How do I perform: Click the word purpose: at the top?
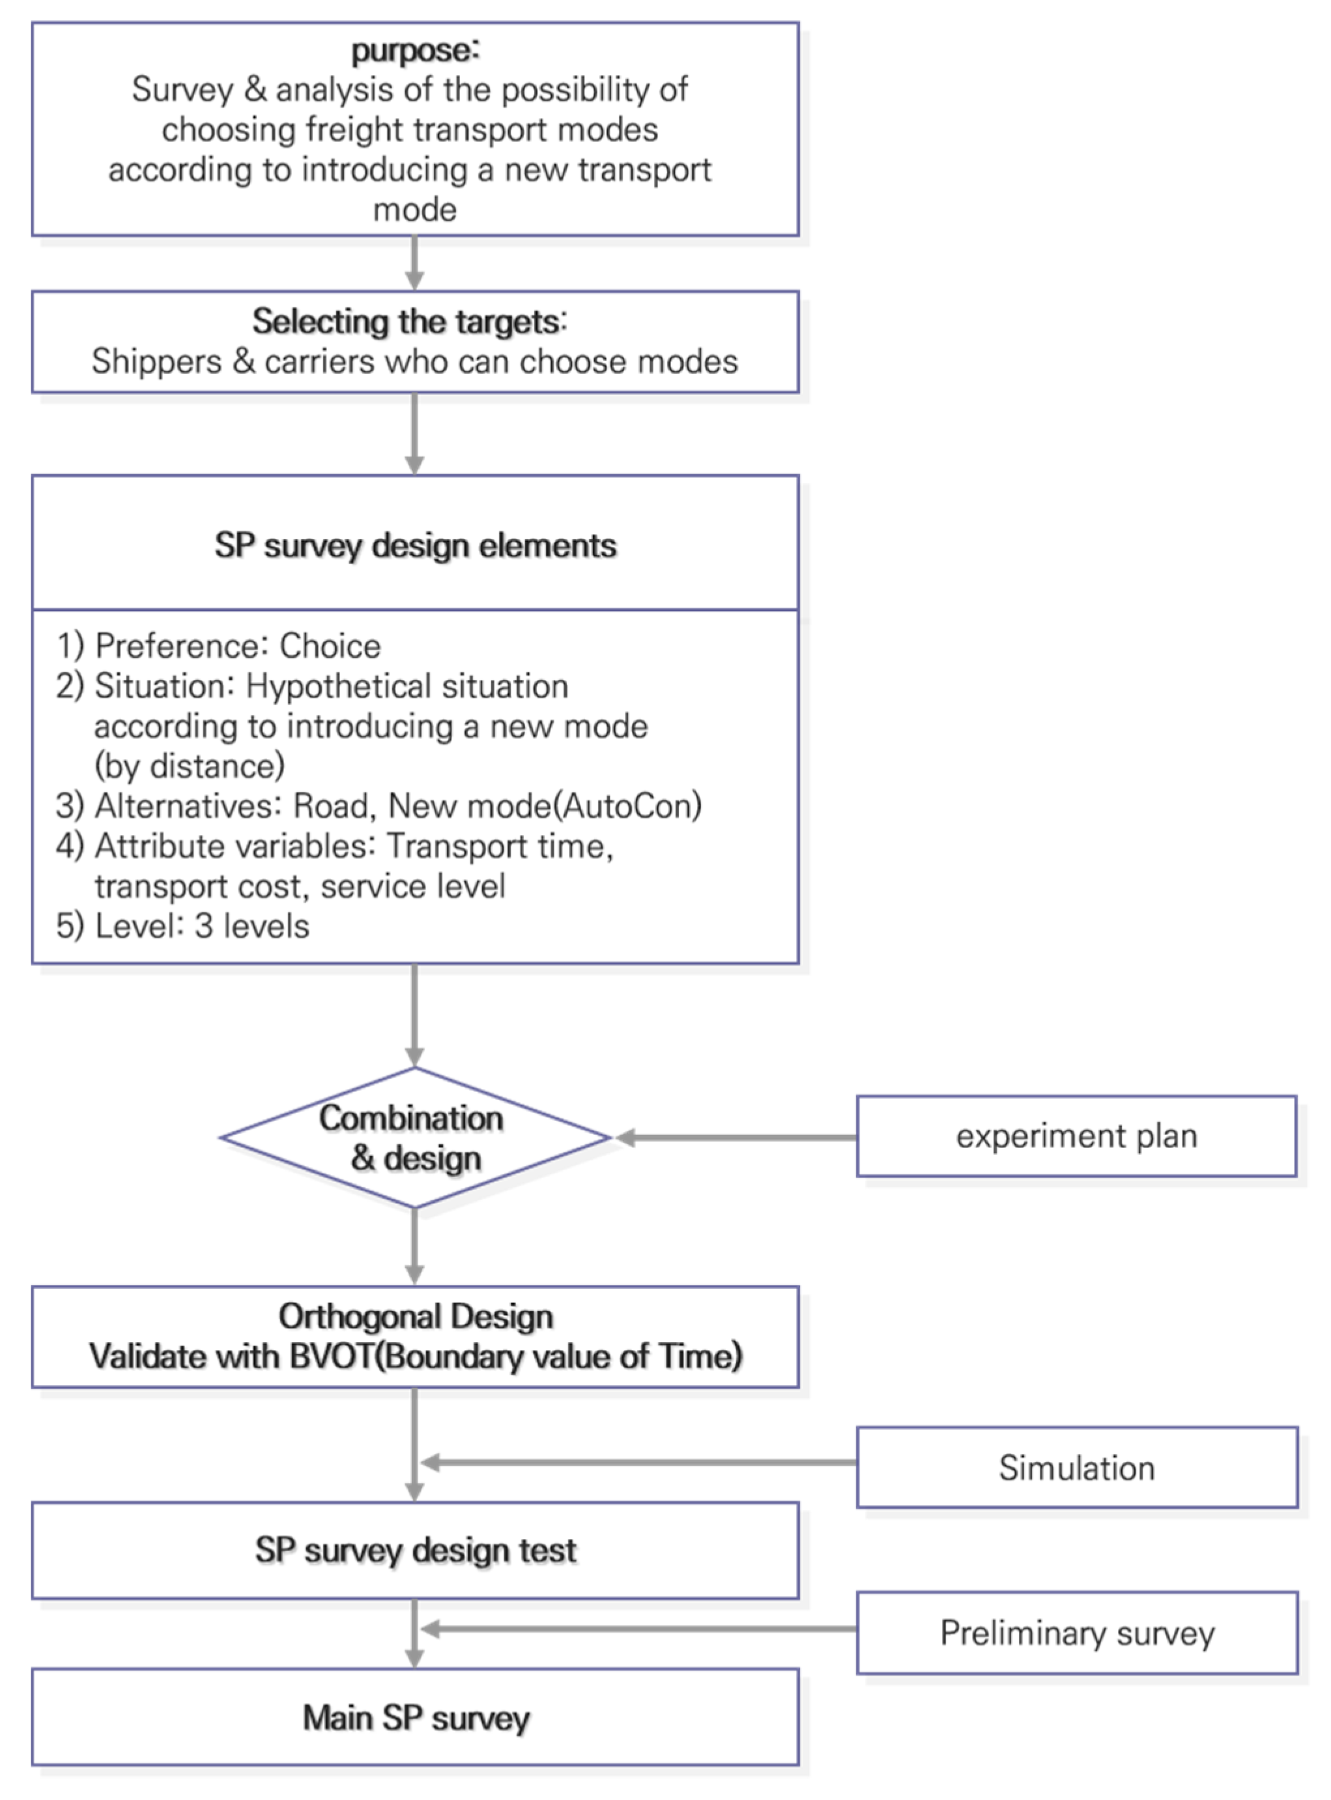coord(415,51)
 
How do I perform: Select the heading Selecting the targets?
coord(409,321)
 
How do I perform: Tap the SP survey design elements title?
coord(415,545)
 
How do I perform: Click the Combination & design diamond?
coord(415,1137)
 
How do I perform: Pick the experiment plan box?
coord(1076,1136)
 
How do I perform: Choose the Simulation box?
coord(1076,1467)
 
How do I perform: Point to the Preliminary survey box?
coord(1076,1633)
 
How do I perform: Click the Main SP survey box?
coord(415,1718)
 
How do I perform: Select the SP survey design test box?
coord(415,1549)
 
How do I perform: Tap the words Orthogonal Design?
coord(415,1317)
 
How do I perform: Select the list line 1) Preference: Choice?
coord(218,646)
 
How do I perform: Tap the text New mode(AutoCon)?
coord(545,806)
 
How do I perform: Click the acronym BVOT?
coord(332,1357)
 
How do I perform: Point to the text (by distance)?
coord(190,766)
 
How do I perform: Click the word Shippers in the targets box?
coord(156,361)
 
